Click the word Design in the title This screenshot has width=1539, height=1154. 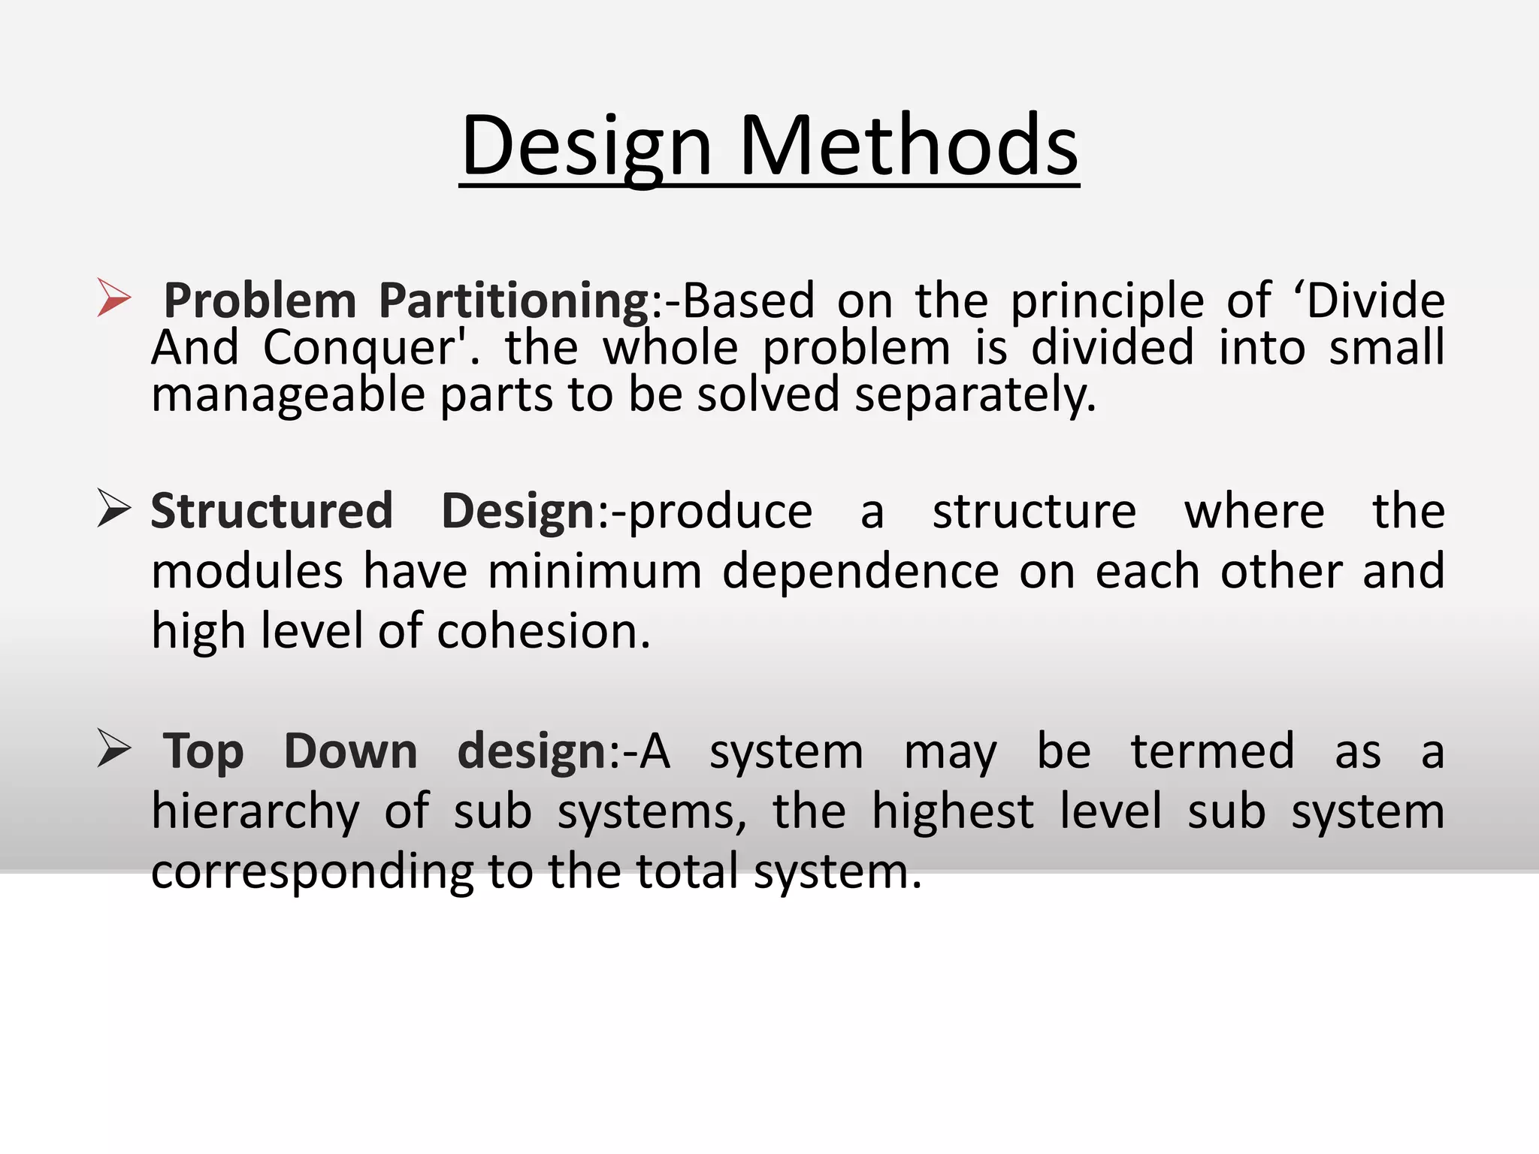tap(586, 147)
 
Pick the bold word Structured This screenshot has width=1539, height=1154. tap(272, 512)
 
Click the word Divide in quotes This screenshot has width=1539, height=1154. tap(1375, 301)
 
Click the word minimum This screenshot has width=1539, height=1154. tap(594, 571)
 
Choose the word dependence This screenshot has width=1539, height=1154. tap(860, 571)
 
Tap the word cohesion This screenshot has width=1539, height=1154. tap(543, 631)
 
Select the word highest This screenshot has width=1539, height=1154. tap(953, 811)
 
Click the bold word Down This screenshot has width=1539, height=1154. tap(350, 751)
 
